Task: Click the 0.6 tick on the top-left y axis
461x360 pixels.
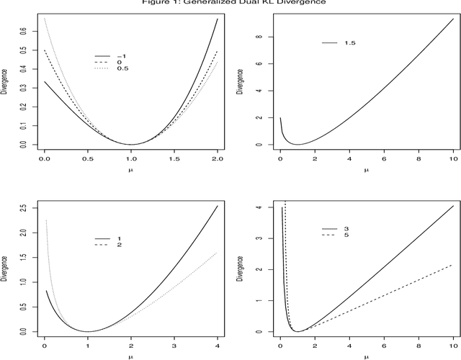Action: click(x=23, y=31)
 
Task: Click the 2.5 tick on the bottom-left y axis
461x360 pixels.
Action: click(x=23, y=208)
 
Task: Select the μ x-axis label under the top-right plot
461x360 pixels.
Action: click(x=366, y=170)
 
